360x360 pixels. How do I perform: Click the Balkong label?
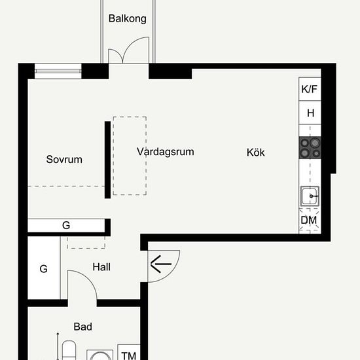click(128, 19)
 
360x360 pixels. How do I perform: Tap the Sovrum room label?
click(64, 159)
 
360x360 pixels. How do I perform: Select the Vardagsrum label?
click(166, 152)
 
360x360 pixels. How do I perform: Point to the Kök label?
click(255, 153)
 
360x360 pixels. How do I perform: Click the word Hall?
click(101, 267)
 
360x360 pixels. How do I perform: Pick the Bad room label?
click(83, 327)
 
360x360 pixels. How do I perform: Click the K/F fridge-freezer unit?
click(310, 89)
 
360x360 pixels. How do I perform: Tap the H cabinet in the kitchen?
click(310, 113)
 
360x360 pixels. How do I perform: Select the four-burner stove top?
click(310, 148)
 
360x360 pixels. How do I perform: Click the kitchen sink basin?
click(310, 196)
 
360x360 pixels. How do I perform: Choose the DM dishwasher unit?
click(309, 221)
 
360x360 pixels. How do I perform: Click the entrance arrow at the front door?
click(161, 264)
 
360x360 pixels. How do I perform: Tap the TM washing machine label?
click(129, 355)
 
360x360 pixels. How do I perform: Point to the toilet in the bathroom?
click(69, 350)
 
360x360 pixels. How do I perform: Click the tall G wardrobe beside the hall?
click(44, 268)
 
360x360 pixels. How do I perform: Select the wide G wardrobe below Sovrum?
click(66, 225)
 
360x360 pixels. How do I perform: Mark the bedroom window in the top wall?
click(58, 71)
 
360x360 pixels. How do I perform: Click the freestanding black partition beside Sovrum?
click(108, 160)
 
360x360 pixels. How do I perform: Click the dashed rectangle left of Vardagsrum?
click(130, 156)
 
